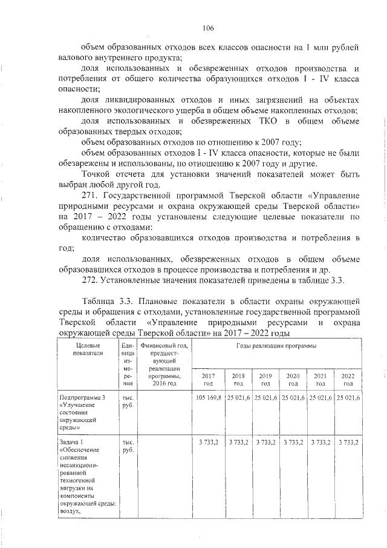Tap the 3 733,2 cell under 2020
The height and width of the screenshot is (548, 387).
[293, 443]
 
